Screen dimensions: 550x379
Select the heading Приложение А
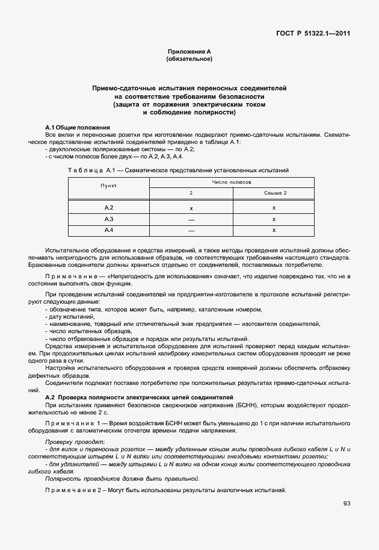[x=189, y=52]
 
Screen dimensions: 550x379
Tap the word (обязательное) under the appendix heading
[x=189, y=60]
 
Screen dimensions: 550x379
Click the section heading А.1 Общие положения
[x=78, y=128]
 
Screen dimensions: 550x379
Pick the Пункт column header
[x=108, y=187]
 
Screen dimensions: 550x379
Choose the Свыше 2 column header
[x=273, y=193]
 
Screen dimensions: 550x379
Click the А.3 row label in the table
[x=109, y=219]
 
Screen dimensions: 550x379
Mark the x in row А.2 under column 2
[x=191, y=208]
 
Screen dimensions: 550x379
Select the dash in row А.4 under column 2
[x=191, y=230]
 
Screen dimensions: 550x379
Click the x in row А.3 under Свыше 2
[x=273, y=219]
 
